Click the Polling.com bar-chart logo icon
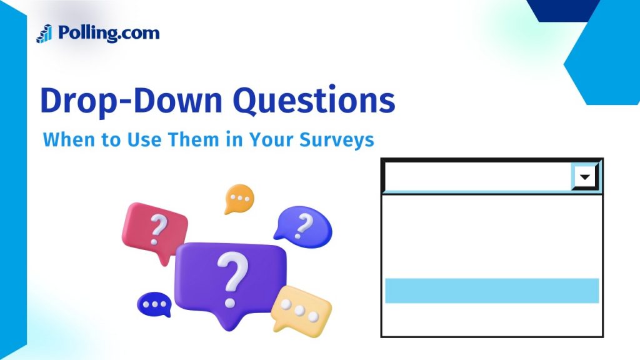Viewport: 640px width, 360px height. pos(44,33)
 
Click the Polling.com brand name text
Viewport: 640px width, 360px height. pos(108,32)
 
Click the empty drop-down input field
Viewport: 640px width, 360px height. pos(478,177)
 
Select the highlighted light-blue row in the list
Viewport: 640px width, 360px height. pos(491,291)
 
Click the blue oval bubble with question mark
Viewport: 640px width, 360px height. pos(303,225)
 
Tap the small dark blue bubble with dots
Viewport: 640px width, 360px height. pos(153,304)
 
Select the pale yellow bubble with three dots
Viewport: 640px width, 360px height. pos(301,309)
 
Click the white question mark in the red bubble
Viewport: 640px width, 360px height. pos(158,228)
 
